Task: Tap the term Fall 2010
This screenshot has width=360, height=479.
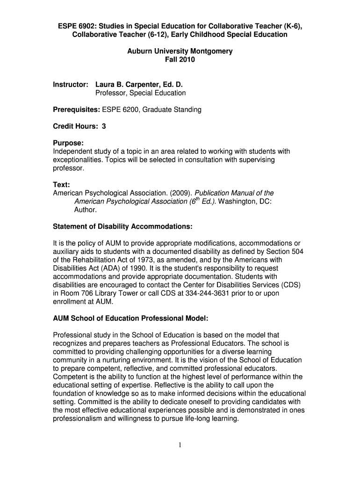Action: pyautogui.click(x=180, y=60)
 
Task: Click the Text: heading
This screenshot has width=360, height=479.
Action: pyautogui.click(x=61, y=185)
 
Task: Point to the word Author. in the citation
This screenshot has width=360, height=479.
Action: pyautogui.click(x=86, y=210)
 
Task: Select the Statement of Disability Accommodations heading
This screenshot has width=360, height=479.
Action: pyautogui.click(x=122, y=226)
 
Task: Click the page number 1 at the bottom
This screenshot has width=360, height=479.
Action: pyautogui.click(x=180, y=445)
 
